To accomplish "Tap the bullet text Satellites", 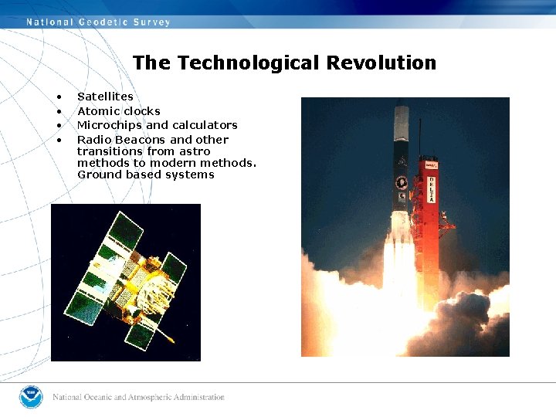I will click(x=105, y=97).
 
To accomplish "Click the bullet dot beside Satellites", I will click(x=58, y=97).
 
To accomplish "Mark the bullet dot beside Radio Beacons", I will click(x=58, y=141).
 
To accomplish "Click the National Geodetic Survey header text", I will click(x=98, y=22).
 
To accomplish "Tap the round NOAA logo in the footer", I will click(x=31, y=397).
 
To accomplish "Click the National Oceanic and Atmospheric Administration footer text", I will click(x=139, y=398).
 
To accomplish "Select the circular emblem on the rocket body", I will click(x=401, y=183).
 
